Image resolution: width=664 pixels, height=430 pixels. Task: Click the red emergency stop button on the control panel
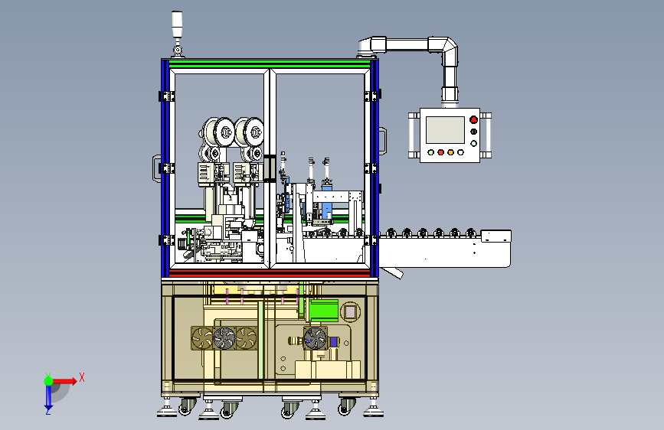473,120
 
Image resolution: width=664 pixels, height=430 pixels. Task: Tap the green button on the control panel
431,152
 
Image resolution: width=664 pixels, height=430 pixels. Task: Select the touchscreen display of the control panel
445,130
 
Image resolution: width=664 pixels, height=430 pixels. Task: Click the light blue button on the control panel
473,144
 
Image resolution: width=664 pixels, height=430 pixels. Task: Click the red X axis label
82,377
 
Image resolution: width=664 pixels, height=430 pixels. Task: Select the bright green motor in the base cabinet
323,310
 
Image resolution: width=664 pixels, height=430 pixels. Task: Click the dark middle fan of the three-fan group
224,338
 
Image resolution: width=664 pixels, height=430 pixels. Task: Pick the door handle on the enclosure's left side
156,168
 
